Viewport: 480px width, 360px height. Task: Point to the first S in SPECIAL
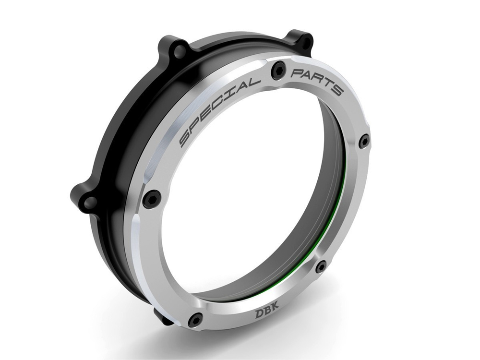coord(185,140)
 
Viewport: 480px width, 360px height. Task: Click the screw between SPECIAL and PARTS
coord(277,71)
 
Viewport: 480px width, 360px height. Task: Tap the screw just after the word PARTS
coord(365,140)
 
